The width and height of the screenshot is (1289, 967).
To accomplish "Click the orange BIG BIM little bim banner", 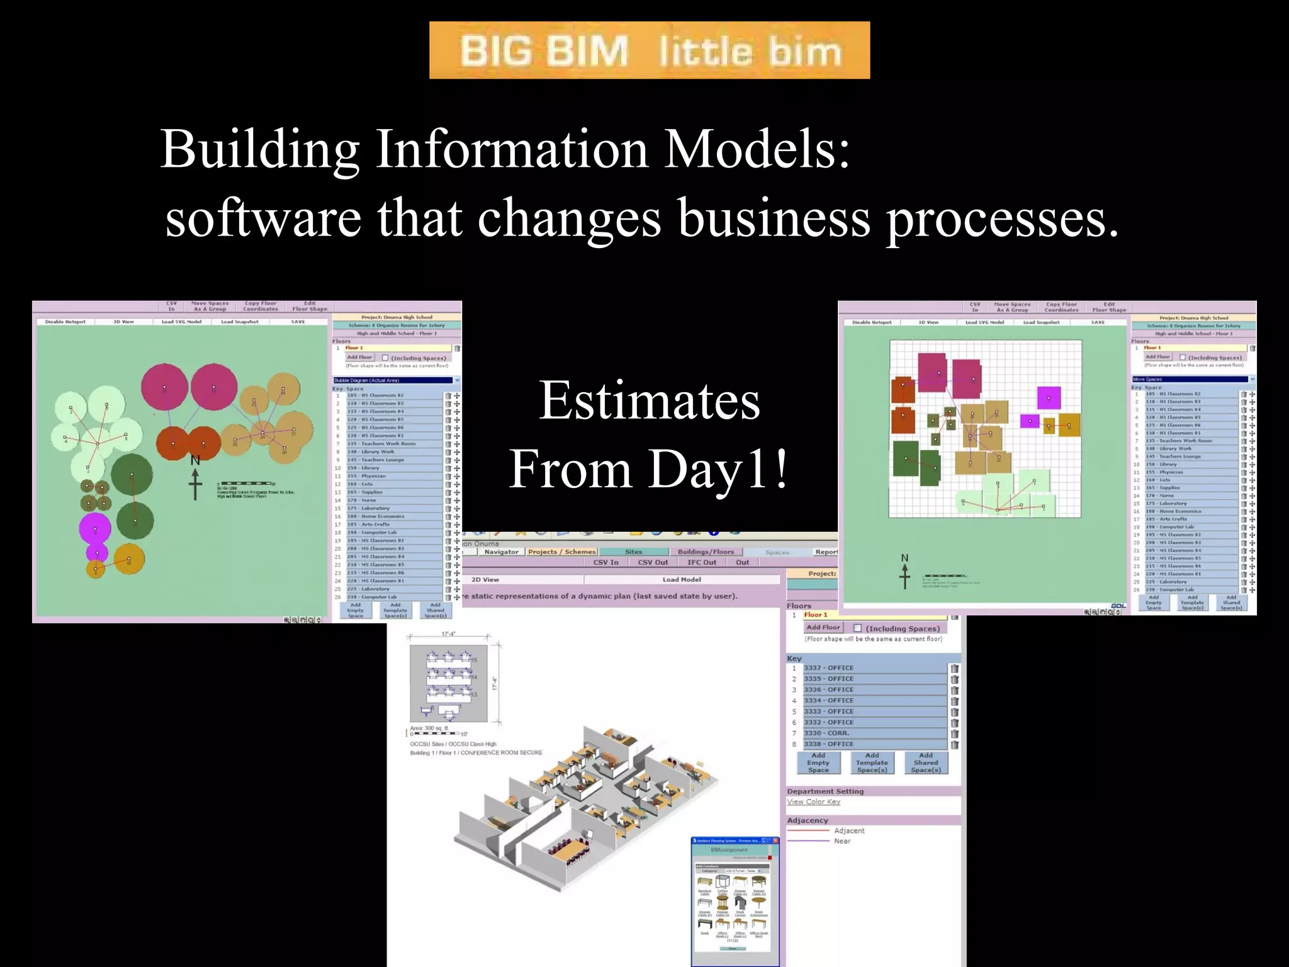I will click(649, 50).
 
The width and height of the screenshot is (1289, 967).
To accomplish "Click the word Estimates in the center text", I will click(649, 401).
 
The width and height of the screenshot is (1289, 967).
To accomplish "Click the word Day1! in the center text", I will click(718, 470).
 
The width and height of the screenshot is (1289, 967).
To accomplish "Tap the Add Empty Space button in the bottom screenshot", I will click(818, 763).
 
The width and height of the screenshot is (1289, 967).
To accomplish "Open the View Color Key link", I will click(813, 802).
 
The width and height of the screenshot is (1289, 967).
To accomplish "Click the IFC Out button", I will click(701, 563).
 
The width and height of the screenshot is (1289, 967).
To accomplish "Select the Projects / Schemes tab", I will click(561, 552).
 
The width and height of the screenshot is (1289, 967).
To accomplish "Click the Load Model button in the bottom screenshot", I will click(681, 580).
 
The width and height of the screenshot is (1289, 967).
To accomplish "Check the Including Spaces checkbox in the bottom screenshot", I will click(857, 628).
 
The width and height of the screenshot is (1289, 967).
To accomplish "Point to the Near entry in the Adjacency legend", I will click(842, 841).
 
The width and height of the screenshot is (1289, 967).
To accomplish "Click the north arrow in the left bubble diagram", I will click(196, 480).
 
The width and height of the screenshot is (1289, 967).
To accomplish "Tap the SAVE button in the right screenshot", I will click(1098, 322).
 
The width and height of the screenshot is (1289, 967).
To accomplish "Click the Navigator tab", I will click(501, 552).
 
